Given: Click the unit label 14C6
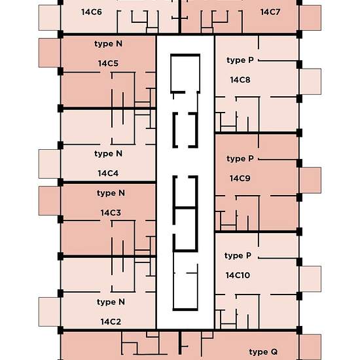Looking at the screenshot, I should (x=91, y=12).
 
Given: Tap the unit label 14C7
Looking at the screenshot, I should (x=270, y=12).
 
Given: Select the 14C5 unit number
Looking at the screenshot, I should (x=107, y=64).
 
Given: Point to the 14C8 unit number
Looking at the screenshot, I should (x=240, y=80).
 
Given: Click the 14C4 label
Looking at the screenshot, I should (x=107, y=173).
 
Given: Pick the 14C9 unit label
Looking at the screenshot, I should (x=240, y=178).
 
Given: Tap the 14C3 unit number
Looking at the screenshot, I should (x=111, y=213).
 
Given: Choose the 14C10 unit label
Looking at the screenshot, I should (x=238, y=275).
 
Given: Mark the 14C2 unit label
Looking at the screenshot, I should (x=111, y=322).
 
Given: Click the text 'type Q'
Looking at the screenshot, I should (x=264, y=353).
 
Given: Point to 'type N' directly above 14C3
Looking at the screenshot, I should (x=111, y=193).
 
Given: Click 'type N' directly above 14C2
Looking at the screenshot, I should (x=111, y=302).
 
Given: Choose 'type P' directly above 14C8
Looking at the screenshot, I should (x=240, y=60).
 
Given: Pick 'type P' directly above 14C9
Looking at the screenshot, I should (x=240, y=159).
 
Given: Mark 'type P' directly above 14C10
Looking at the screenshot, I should (x=238, y=255).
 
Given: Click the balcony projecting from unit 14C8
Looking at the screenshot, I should (x=311, y=82).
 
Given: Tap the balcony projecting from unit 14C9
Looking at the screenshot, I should (x=311, y=181).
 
